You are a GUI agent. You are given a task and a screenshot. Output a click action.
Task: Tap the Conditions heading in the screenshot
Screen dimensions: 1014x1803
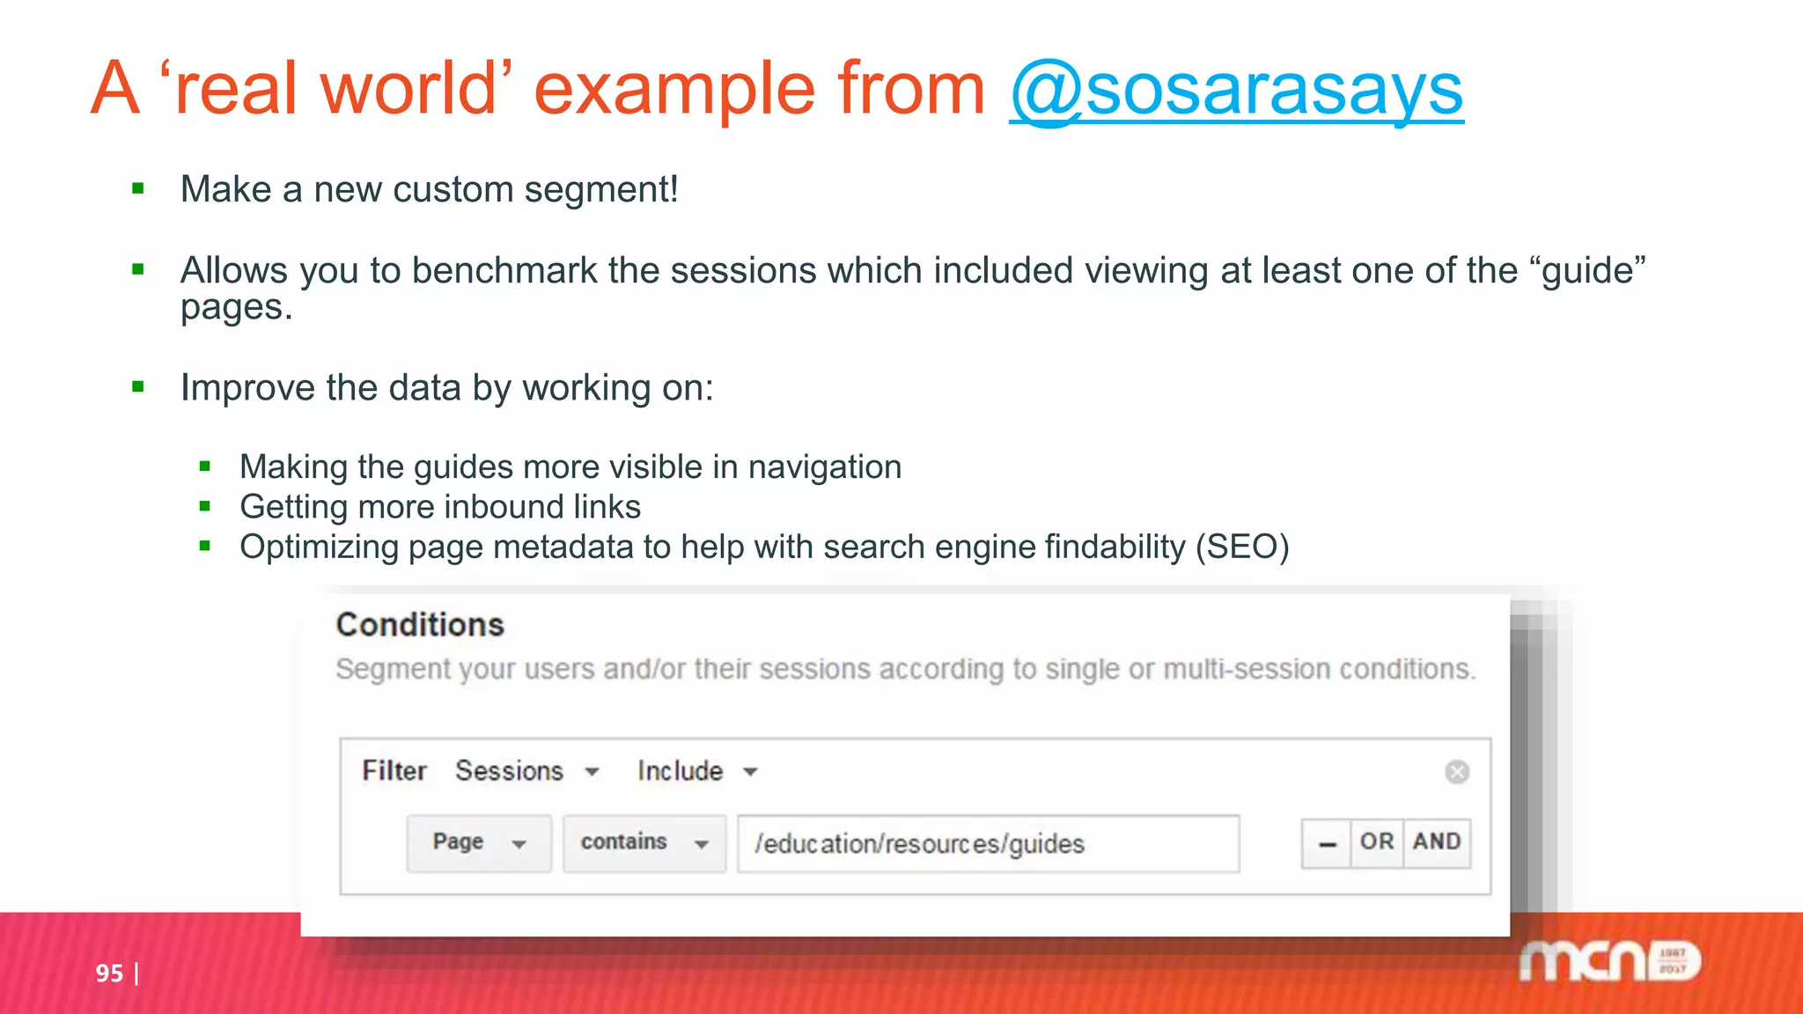click(420, 625)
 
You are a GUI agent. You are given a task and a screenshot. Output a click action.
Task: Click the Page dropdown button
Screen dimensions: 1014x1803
click(479, 842)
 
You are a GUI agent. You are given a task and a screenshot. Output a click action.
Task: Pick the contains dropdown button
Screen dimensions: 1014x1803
click(644, 842)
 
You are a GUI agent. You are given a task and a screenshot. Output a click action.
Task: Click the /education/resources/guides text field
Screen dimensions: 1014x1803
click(988, 843)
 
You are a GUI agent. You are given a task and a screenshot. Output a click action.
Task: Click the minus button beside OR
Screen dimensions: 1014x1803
click(1327, 843)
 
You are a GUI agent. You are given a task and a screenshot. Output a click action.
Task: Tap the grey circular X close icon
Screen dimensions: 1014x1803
click(1457, 772)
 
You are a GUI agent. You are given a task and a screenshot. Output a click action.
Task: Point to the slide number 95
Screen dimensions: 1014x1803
click(109, 973)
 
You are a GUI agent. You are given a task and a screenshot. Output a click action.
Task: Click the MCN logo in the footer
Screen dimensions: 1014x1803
click(1609, 961)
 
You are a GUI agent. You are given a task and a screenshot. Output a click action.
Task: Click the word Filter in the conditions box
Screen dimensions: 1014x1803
click(394, 771)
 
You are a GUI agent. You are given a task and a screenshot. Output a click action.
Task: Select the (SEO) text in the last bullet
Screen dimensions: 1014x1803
click(1242, 547)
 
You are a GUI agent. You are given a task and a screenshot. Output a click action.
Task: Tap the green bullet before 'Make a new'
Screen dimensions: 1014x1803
click(138, 188)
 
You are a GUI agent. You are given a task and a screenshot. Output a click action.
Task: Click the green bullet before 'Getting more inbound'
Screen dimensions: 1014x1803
click(205, 506)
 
